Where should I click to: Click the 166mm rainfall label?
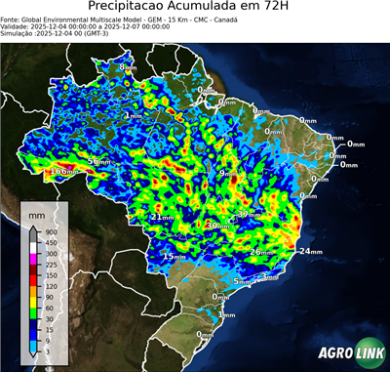click(x=61, y=172)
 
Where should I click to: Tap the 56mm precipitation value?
click(x=99, y=161)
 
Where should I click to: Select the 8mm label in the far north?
click(x=128, y=67)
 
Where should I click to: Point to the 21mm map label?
click(x=162, y=217)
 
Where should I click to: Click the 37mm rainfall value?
click(x=251, y=213)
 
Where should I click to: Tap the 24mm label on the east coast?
click(x=309, y=252)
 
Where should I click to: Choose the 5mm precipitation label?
click(x=243, y=281)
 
